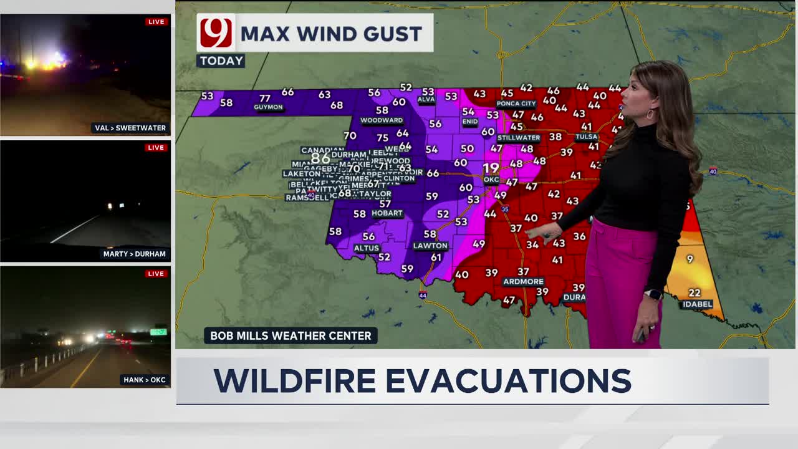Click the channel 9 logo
[216, 33]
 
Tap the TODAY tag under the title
[221, 60]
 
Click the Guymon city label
[268, 107]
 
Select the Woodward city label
[382, 120]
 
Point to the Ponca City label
[516, 104]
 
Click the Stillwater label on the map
[519, 138]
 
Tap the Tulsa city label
[586, 137]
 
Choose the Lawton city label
[430, 246]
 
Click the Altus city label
[367, 248]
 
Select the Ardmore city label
[523, 282]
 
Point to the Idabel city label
[697, 304]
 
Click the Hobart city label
[387, 213]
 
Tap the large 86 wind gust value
[320, 158]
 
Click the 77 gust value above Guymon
[265, 98]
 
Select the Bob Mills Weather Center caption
[291, 336]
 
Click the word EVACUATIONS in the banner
[508, 380]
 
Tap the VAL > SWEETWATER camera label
[130, 128]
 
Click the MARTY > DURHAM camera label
[135, 254]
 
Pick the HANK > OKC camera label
[144, 380]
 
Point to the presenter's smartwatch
[653, 294]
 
